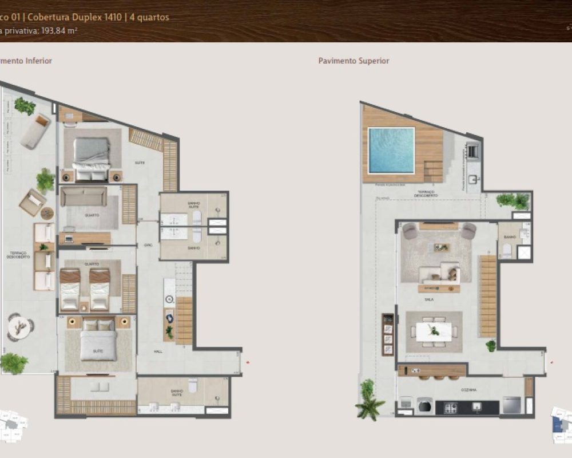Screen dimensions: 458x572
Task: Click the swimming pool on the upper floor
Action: point(391,150)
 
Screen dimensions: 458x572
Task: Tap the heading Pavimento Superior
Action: point(353,61)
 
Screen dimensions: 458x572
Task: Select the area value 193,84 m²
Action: point(57,31)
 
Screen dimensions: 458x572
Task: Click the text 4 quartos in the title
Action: point(150,17)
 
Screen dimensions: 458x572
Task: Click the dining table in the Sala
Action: point(434,331)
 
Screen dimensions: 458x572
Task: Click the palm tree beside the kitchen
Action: point(367,401)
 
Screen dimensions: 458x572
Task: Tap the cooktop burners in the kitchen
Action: point(451,407)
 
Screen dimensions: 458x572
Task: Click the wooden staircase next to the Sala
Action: point(488,295)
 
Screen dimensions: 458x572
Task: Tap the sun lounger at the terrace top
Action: point(35,130)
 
